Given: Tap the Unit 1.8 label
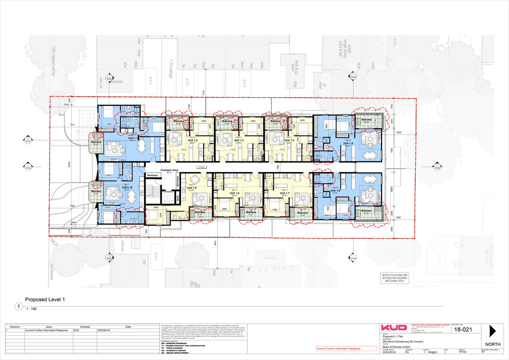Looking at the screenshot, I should (x=235, y=193).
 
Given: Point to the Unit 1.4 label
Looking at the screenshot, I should (x=289, y=140).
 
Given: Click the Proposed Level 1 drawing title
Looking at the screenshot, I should (x=45, y=299).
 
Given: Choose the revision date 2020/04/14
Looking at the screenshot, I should (x=103, y=330).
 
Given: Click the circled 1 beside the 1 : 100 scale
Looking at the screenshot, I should (x=18, y=306).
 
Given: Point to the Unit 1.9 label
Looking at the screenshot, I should (x=192, y=188).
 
